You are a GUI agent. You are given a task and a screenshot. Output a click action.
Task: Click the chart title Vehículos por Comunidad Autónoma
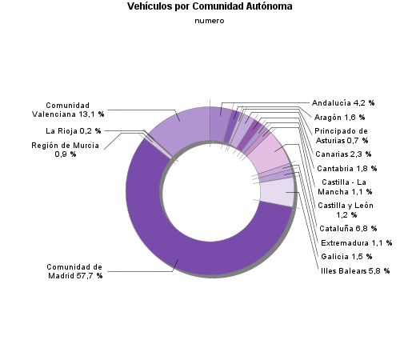click(210, 6)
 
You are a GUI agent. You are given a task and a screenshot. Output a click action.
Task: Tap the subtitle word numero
click(210, 21)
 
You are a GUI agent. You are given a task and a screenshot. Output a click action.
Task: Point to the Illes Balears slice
click(277, 192)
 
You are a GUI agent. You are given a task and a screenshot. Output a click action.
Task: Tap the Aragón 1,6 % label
click(339, 118)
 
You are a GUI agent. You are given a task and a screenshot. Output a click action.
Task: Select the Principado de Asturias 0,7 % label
click(341, 135)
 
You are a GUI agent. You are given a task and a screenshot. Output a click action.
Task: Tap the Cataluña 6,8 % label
click(346, 229)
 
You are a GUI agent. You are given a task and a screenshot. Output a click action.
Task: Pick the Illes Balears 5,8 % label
click(354, 271)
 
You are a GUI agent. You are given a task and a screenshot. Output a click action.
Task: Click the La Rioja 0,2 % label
click(74, 130)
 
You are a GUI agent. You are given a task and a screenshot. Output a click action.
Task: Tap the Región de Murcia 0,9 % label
click(66, 149)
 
